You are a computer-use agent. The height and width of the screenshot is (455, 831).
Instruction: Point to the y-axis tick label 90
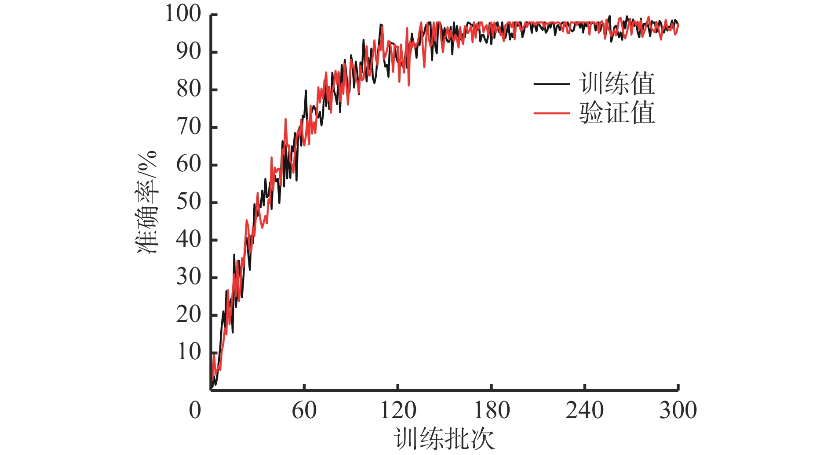189,52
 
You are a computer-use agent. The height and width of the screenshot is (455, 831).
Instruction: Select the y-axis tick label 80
189,90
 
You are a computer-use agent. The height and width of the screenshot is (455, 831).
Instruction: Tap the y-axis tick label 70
189,127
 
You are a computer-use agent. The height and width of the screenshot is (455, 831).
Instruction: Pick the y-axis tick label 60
189,165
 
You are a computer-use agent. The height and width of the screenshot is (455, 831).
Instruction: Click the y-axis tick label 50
189,202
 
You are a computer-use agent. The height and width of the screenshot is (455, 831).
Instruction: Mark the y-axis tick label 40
189,240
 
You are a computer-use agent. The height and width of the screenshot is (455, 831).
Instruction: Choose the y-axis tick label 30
189,277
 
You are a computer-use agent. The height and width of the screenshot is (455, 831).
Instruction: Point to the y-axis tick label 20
189,315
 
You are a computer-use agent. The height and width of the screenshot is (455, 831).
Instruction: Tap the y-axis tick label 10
189,352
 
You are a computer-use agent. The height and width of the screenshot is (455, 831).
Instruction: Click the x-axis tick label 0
195,411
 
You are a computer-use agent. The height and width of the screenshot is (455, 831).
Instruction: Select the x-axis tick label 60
304,411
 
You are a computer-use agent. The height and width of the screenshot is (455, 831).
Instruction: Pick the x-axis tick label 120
397,411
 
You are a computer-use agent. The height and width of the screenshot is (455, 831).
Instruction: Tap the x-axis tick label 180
491,411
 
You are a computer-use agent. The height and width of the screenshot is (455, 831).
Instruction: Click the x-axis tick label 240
584,411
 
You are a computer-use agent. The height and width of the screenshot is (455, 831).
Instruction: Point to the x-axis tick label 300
678,411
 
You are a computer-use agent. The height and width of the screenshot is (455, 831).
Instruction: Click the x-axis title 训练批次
444,439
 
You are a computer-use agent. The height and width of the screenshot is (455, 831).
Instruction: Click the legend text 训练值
617,83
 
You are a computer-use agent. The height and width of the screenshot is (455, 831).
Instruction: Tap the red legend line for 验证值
551,113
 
